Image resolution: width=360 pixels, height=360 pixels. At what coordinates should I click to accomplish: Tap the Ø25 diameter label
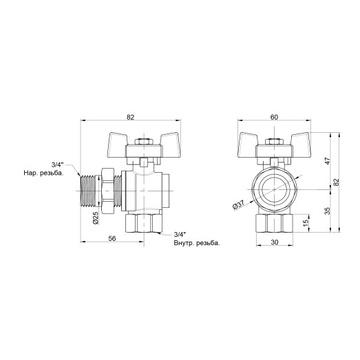96,219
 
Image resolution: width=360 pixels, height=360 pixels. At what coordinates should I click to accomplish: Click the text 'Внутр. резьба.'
197,244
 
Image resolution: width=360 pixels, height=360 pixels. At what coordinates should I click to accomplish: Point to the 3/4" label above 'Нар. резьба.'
58,164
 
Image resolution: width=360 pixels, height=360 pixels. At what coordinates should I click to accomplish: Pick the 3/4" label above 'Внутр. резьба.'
181,235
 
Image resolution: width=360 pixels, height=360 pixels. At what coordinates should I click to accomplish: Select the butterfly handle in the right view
273,144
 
